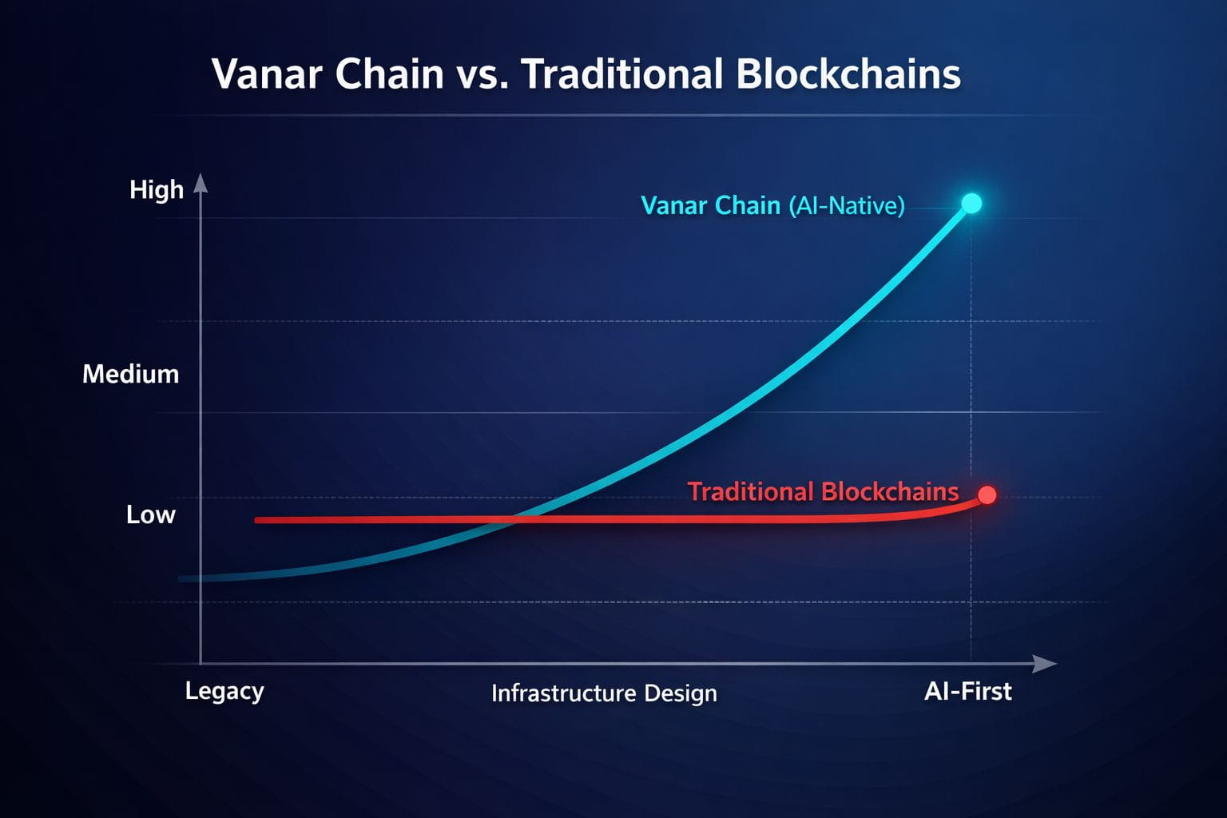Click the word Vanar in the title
click(x=268, y=74)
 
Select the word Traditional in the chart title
click(x=621, y=74)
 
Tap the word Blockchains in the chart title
click(x=848, y=74)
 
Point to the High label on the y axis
click(x=156, y=191)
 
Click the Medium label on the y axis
click(x=131, y=374)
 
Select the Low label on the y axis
click(x=151, y=514)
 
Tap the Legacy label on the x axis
click(x=224, y=692)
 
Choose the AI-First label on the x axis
click(x=968, y=692)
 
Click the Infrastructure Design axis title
click(x=604, y=693)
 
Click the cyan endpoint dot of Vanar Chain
click(x=971, y=203)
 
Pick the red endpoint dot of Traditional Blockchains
click(x=987, y=494)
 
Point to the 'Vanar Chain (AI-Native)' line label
click(x=772, y=206)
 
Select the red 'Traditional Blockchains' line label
click(x=823, y=491)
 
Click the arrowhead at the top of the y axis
click(x=201, y=183)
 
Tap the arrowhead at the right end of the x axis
click(x=1045, y=664)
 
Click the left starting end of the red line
click(x=256, y=520)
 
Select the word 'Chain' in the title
click(x=390, y=74)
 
